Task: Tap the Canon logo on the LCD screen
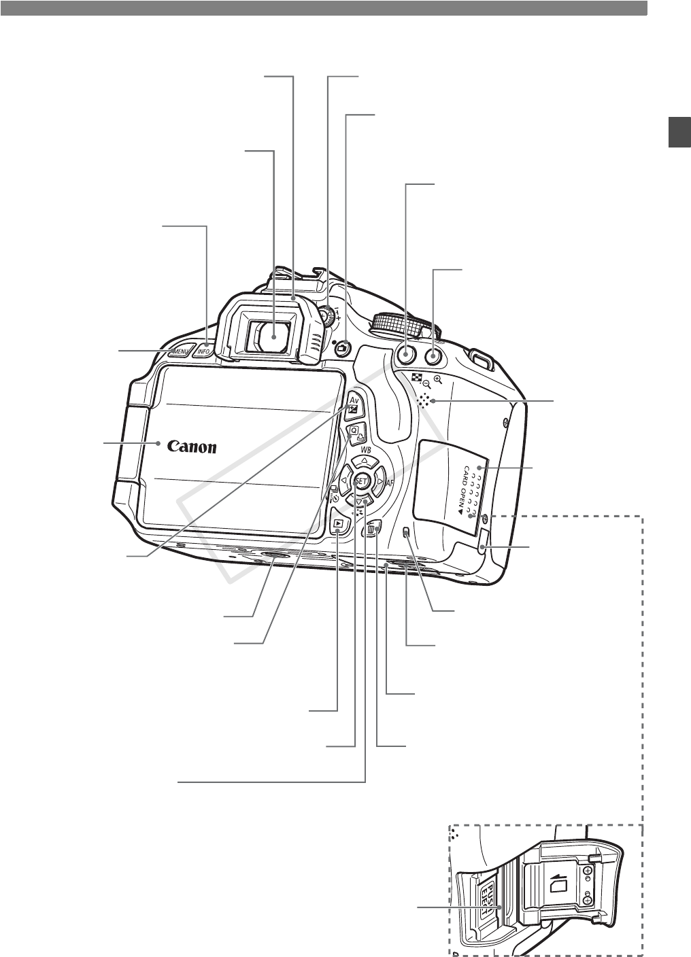(192, 447)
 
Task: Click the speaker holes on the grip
(425, 401)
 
